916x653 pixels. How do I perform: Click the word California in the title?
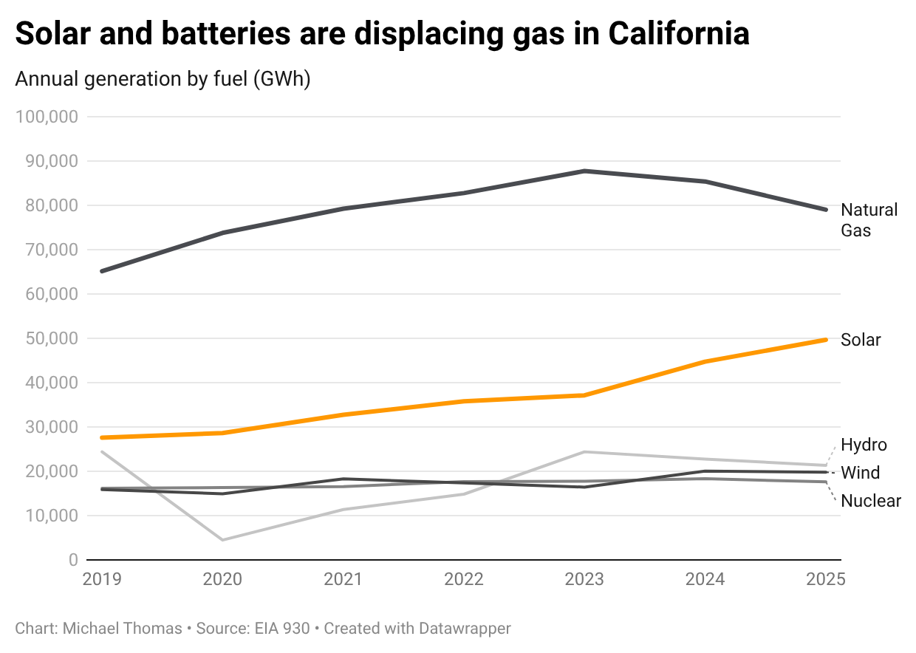tap(679, 33)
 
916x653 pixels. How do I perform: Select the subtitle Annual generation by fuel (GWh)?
tap(163, 79)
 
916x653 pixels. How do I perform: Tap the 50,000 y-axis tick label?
tap(51, 338)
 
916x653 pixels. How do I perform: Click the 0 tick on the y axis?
tap(72, 560)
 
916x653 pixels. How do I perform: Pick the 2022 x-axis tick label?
tap(463, 578)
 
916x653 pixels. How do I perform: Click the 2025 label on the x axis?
tap(825, 578)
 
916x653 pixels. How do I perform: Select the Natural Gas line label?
tap(869, 219)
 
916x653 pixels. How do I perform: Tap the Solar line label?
tap(861, 340)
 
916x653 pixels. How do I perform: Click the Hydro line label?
tap(864, 445)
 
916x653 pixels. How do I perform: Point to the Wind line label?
tap(860, 473)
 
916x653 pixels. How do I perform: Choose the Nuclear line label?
tap(871, 501)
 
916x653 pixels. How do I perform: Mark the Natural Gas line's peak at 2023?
tap(584, 171)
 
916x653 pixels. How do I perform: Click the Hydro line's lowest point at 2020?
tap(222, 540)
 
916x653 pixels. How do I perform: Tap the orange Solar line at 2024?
tap(705, 362)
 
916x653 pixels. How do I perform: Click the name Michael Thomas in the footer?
tap(122, 629)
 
